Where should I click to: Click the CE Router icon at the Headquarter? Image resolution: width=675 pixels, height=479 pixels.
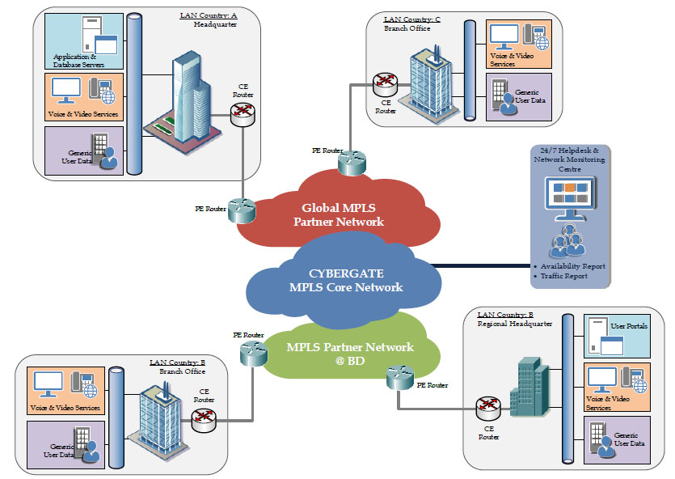[x=242, y=115]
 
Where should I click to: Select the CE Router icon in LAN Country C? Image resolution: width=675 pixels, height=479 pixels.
[x=386, y=83]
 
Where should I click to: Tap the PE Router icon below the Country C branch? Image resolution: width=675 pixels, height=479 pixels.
[x=352, y=163]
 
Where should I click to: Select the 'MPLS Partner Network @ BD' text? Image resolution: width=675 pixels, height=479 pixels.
[x=350, y=354]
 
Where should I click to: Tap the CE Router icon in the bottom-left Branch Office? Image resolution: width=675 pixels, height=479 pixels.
[x=203, y=418]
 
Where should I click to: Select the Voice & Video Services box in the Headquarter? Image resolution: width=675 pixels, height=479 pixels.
[x=85, y=96]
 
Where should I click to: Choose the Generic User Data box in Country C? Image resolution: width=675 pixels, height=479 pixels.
[x=518, y=97]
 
